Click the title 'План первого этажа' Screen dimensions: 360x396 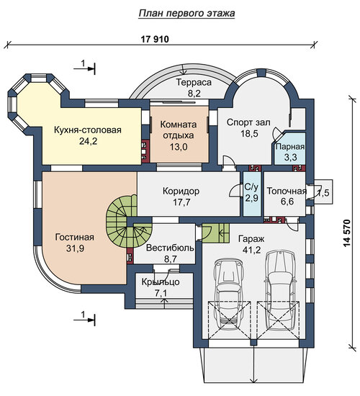tap(186, 14)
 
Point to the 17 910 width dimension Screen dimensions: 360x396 tap(155, 40)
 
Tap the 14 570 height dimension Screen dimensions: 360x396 tap(347, 233)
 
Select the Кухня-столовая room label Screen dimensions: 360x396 tap(88, 130)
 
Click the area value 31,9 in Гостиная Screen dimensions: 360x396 tap(75, 248)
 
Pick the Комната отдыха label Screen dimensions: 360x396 tap(179, 130)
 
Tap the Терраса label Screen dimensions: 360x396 tap(194, 82)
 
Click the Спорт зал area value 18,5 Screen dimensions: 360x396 tap(249, 133)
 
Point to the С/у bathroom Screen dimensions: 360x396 tap(252, 194)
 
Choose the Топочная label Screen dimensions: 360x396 tap(287, 191)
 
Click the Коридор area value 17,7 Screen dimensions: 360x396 tap(182, 202)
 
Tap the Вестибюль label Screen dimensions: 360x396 tap(170, 248)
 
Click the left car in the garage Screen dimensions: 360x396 tap(229, 294)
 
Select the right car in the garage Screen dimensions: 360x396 tap(280, 290)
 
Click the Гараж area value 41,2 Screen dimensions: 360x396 tap(251, 250)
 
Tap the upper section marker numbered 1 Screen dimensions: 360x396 tap(84, 66)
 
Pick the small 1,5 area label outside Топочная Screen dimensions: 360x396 tap(323, 193)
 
